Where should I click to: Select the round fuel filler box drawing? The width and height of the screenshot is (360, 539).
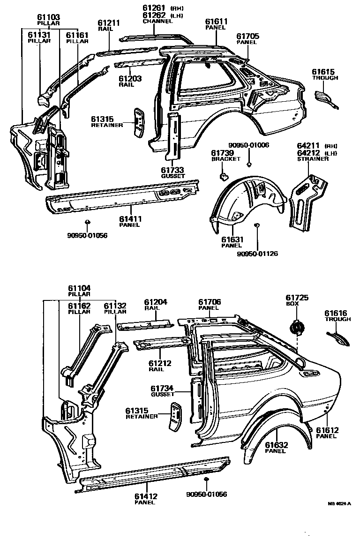296,326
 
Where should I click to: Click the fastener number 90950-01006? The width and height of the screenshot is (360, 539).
249,145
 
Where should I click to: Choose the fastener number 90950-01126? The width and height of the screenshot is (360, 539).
257,254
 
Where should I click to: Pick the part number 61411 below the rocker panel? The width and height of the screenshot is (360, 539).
130,218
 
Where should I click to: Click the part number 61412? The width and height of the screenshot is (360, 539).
146,496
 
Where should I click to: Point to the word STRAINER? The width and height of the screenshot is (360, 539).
313,159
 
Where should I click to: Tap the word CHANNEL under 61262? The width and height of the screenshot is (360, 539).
155,21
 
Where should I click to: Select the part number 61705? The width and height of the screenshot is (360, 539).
247,36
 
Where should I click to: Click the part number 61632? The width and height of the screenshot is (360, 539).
276,445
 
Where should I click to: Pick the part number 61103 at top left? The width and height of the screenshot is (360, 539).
48,17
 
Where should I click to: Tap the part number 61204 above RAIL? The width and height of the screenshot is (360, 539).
155,302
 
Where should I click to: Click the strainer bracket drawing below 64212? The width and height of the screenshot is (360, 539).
305,202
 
